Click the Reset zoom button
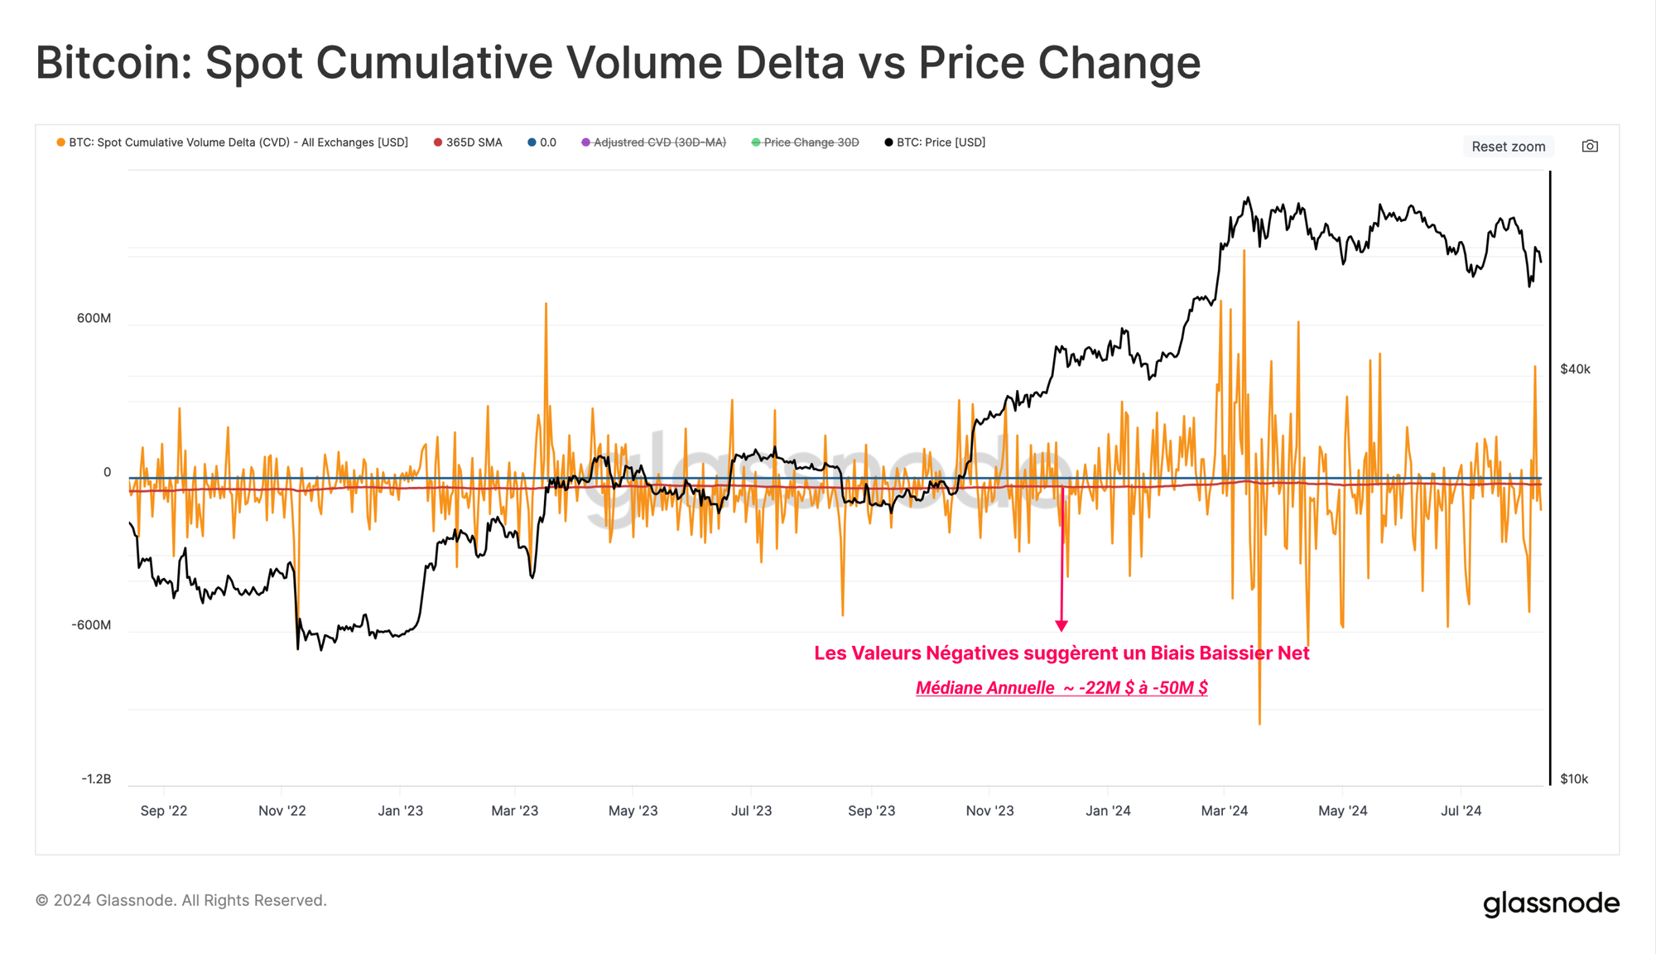tap(1508, 147)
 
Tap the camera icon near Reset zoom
tap(1590, 147)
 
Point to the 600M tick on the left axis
tap(94, 319)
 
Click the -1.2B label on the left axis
tap(96, 779)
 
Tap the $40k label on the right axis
tap(1575, 369)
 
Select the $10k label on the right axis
tap(1574, 779)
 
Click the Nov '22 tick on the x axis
tap(282, 811)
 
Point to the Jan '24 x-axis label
tap(1108, 811)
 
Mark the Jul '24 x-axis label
tap(1461, 811)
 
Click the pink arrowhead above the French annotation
tap(1061, 626)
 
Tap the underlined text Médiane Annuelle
tap(985, 688)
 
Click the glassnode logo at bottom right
tap(1551, 903)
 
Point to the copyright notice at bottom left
tap(181, 900)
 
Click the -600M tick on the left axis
tap(91, 625)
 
